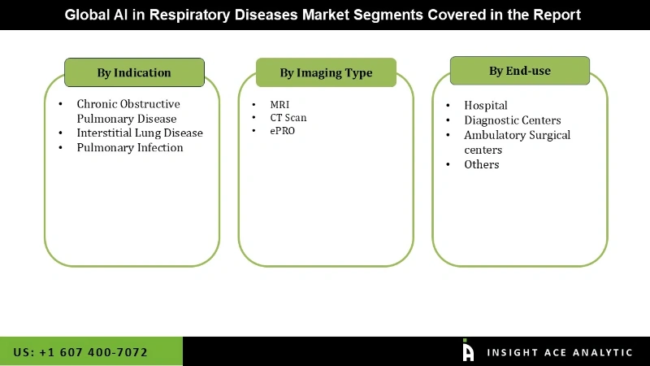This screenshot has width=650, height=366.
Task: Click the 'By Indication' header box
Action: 134,72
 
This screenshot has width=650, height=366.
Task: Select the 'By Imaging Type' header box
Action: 326,72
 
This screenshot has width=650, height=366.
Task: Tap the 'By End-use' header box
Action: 519,71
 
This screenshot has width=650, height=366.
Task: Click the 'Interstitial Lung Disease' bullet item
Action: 140,133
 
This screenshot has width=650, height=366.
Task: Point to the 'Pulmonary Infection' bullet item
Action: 130,147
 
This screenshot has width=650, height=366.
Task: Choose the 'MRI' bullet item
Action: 279,105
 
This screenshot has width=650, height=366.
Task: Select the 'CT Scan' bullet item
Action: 288,118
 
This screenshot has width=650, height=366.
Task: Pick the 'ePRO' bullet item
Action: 283,131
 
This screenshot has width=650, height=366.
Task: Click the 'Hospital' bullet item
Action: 486,105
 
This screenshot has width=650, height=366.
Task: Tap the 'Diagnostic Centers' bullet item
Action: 512,120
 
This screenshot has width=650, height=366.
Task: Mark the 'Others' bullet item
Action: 482,164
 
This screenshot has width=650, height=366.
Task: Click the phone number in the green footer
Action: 80,352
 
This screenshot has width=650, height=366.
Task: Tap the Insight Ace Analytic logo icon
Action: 468,351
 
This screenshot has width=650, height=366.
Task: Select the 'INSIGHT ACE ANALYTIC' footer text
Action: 559,352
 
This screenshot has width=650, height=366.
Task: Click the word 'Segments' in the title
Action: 392,15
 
